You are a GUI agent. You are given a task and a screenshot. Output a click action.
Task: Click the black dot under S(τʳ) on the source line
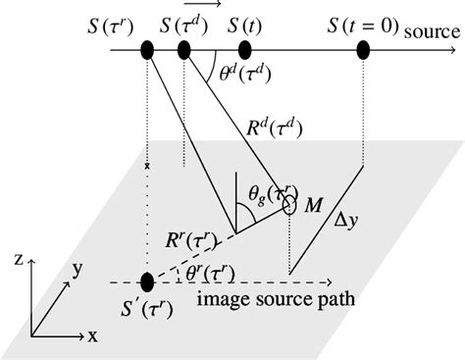click(x=147, y=49)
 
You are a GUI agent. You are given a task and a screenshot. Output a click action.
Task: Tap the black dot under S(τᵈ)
click(x=183, y=49)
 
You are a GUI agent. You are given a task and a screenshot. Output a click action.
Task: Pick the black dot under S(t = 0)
click(x=363, y=49)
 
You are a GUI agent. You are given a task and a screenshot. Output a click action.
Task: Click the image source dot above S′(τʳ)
click(x=147, y=283)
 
